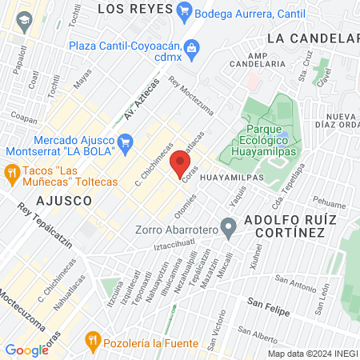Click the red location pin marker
[180, 166]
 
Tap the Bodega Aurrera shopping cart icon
[186, 11]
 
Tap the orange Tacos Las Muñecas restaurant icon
[12, 171]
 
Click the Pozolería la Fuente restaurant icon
[94, 342]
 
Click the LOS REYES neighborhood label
[134, 9]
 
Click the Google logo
[26, 350]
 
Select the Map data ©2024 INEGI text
[311, 354]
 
